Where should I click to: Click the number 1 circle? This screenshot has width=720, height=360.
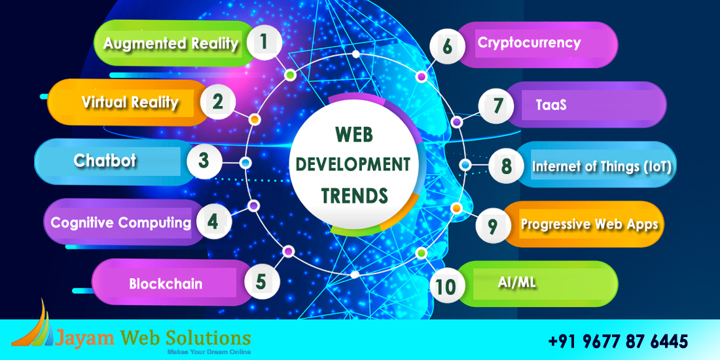(264, 43)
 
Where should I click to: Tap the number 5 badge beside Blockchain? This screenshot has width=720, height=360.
(261, 281)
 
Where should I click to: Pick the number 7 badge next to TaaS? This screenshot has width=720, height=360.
(496, 105)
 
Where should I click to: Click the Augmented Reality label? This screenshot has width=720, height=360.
(171, 44)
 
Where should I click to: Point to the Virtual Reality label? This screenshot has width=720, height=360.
(130, 102)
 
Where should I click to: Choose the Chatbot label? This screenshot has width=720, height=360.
(105, 161)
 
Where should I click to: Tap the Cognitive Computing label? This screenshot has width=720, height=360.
(121, 223)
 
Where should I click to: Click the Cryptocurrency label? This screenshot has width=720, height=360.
(529, 43)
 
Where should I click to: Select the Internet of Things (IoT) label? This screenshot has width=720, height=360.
(602, 166)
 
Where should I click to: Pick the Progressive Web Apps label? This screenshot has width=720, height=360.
(589, 225)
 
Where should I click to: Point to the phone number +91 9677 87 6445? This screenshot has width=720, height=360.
(618, 341)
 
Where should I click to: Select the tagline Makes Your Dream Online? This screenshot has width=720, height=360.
(209, 351)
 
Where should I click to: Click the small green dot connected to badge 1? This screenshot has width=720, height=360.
(289, 75)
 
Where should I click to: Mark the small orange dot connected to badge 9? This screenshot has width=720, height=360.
(456, 208)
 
